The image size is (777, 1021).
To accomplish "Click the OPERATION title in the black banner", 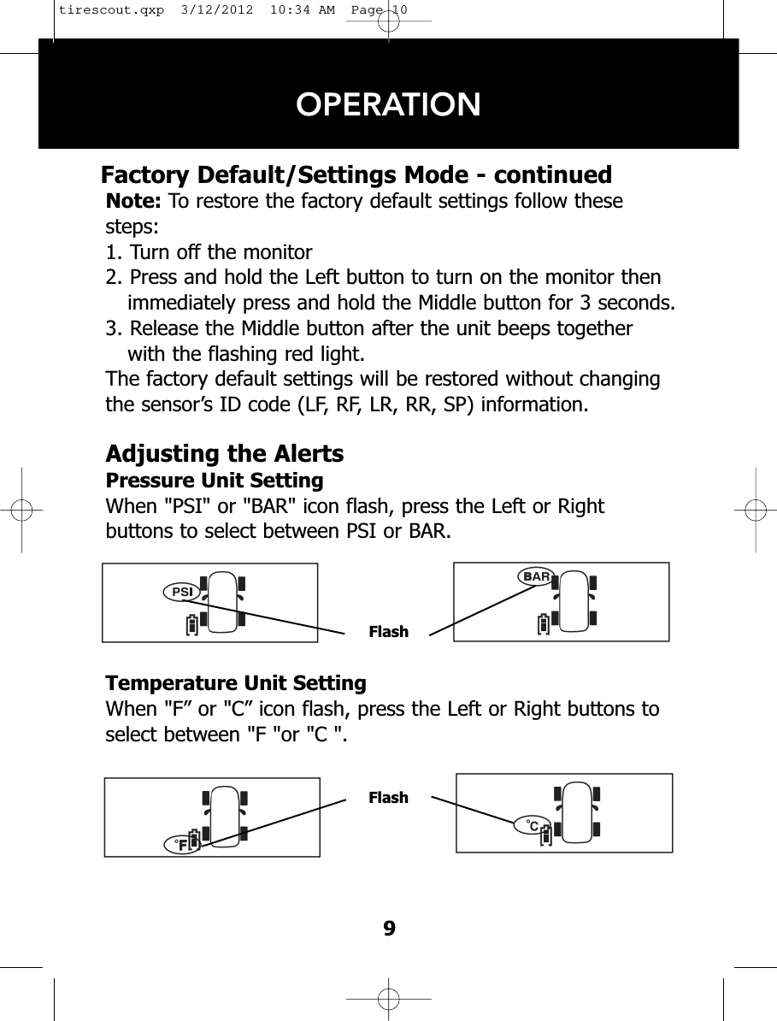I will click(x=388, y=104).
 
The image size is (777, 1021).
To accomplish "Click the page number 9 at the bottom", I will click(x=389, y=929).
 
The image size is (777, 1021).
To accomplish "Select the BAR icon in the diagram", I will click(x=536, y=576).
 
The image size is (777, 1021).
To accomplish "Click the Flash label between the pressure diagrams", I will click(x=388, y=632).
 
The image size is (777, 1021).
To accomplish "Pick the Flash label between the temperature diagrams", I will click(x=388, y=798).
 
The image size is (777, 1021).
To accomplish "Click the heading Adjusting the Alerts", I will click(x=224, y=452).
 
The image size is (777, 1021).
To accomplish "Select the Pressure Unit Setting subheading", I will click(x=214, y=480).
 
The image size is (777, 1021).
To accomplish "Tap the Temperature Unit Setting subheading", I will click(x=235, y=683).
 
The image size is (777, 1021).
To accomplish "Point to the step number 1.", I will click(x=111, y=252).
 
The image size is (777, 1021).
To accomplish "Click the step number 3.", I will click(x=111, y=329).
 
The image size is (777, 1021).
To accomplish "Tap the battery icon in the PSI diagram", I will click(x=193, y=624).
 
